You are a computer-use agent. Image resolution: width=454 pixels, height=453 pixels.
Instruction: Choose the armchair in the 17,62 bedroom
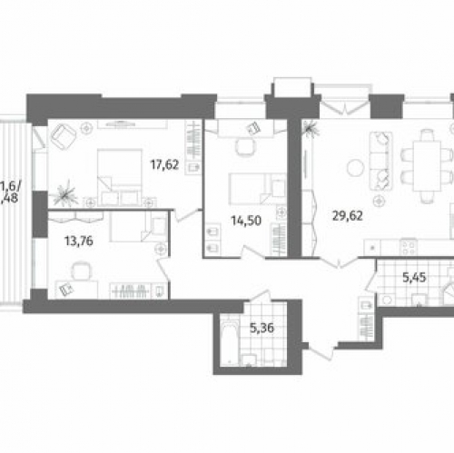click(x=64, y=137)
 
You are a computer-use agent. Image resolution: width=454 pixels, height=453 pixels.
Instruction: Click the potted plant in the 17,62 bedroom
click(x=65, y=194)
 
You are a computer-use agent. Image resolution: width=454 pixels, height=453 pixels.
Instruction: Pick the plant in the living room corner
click(x=311, y=129)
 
